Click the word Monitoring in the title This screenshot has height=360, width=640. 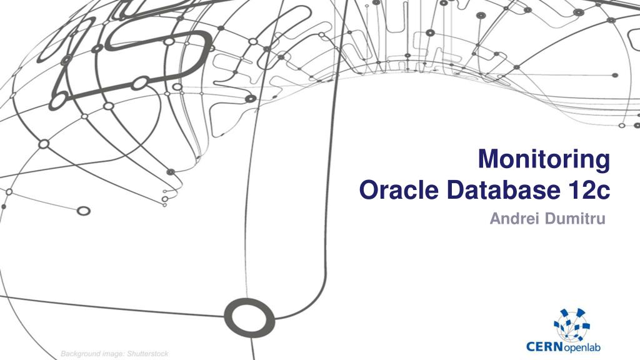[544, 159]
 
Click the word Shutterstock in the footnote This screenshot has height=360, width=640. [147, 354]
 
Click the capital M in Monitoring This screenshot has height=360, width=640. [489, 159]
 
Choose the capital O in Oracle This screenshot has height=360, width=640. [369, 189]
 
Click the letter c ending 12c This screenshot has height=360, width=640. [603, 191]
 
